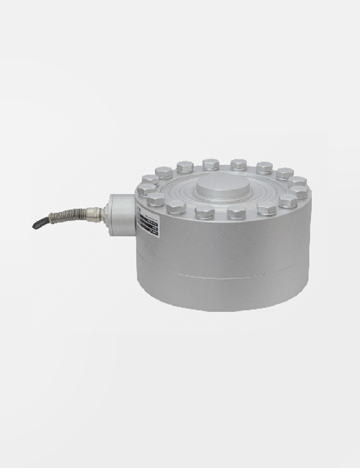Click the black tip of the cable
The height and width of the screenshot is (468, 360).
click(x=37, y=225)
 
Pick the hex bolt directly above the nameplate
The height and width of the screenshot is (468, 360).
click(x=155, y=199)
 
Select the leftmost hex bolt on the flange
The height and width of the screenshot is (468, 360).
click(x=145, y=190)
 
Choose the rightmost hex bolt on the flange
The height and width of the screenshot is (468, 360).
click(x=300, y=191)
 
